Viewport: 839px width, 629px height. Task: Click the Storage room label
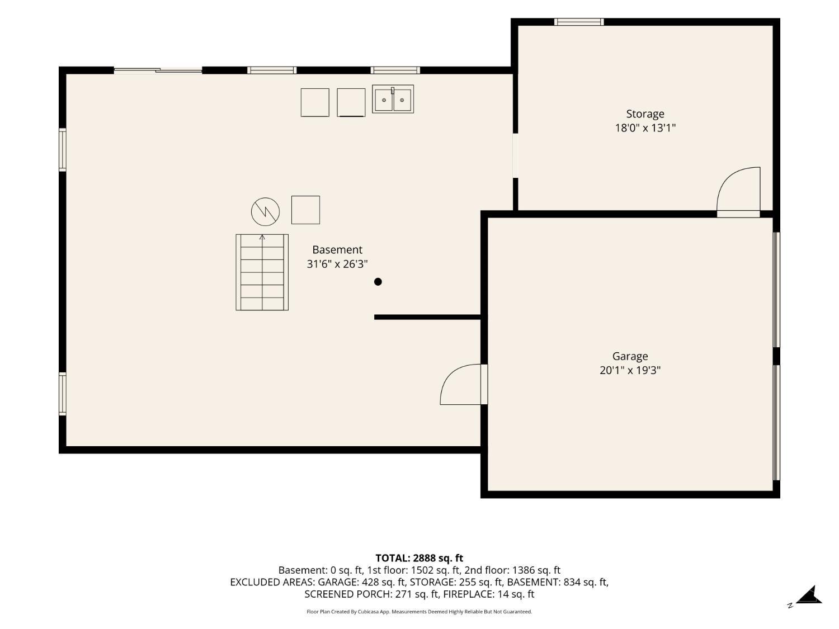pyautogui.click(x=645, y=114)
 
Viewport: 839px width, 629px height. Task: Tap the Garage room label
pyautogui.click(x=630, y=356)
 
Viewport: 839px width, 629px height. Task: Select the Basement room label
pyautogui.click(x=337, y=250)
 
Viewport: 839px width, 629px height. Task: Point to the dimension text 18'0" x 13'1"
pyautogui.click(x=645, y=128)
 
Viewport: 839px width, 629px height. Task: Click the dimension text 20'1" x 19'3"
pyautogui.click(x=630, y=370)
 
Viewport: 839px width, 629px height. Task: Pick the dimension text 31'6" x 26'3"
pyautogui.click(x=337, y=264)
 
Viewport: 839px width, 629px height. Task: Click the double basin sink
pyautogui.click(x=393, y=99)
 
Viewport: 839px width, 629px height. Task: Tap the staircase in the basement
pyautogui.click(x=262, y=272)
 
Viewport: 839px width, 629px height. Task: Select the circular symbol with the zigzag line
pyautogui.click(x=265, y=211)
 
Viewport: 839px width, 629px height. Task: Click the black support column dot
pyautogui.click(x=378, y=282)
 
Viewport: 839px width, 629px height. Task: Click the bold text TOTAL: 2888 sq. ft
pyautogui.click(x=419, y=558)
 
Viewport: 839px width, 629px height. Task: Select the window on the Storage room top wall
pyautogui.click(x=579, y=22)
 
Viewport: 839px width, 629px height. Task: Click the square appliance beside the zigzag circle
pyautogui.click(x=305, y=210)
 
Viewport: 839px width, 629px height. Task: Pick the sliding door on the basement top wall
pyautogui.click(x=158, y=70)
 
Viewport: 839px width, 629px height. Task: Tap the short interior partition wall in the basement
pyautogui.click(x=427, y=317)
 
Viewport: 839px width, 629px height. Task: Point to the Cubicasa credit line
pyautogui.click(x=419, y=612)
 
